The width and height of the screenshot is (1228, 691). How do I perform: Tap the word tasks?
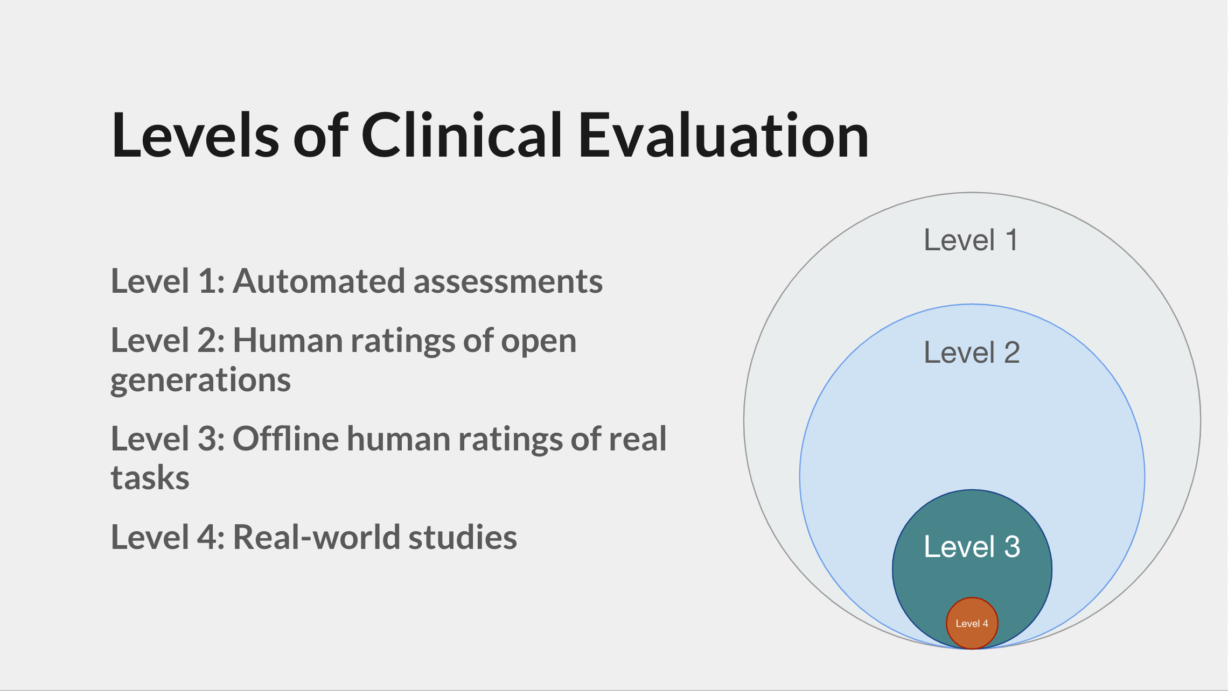[x=150, y=478]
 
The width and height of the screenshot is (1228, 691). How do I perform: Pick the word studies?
[x=462, y=537]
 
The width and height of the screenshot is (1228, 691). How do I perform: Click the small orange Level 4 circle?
[x=972, y=623]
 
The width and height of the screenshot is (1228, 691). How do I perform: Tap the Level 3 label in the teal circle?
[x=972, y=547]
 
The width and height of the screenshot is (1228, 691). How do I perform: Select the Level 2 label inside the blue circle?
[x=972, y=352]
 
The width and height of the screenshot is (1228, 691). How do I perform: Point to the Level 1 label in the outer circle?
[x=971, y=240]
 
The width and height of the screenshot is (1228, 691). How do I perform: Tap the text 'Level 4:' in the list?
[x=168, y=537]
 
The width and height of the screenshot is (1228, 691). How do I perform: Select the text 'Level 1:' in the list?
[x=168, y=281]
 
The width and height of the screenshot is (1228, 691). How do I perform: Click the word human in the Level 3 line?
[x=399, y=438]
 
